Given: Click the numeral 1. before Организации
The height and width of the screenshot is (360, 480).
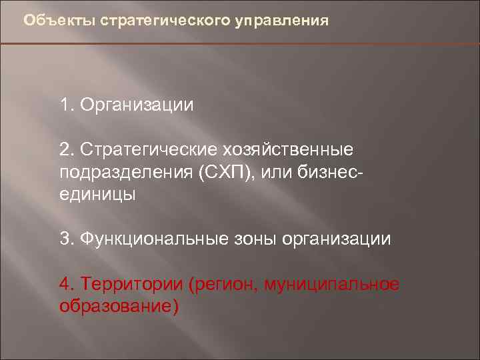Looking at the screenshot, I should [67, 105].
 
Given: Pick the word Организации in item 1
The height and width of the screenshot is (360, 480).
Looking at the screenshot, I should [137, 106].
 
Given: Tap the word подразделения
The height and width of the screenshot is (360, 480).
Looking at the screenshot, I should [126, 173].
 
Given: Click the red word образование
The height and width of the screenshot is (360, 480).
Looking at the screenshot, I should [118, 306].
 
